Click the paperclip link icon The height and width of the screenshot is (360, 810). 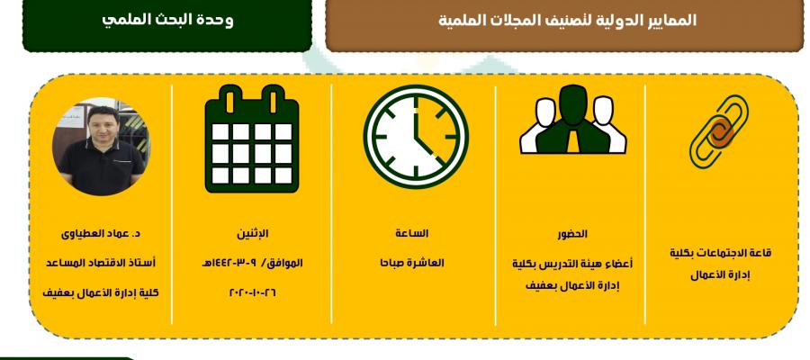click(719, 131)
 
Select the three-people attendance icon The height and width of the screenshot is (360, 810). click(573, 120)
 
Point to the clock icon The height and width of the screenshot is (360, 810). click(416, 137)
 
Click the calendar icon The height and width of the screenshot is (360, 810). click(252, 139)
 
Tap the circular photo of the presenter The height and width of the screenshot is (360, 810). click(101, 147)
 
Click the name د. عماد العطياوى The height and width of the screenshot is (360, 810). click(101, 233)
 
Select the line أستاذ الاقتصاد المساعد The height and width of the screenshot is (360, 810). click(101, 263)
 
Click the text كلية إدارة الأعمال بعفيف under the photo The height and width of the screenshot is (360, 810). click(101, 292)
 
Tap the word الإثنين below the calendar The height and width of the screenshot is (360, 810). click(253, 233)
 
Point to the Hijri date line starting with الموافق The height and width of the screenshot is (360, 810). click(253, 263)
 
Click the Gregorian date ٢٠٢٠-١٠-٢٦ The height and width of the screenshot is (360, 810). click(253, 292)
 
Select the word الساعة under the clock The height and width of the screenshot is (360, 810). click(411, 233)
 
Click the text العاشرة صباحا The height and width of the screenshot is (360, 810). click(411, 263)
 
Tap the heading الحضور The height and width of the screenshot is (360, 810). click(572, 234)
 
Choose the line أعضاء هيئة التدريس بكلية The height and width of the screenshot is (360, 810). click(572, 264)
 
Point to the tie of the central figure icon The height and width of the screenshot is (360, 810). click(573, 141)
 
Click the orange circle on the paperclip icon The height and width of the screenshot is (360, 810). click(721, 132)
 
